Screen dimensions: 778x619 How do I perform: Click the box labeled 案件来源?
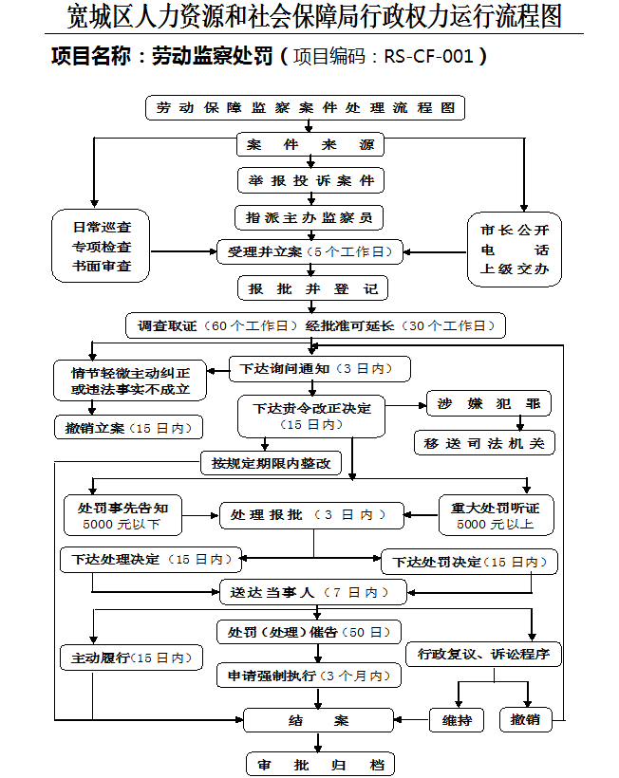point(309,145)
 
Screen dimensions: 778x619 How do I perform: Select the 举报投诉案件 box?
point(309,180)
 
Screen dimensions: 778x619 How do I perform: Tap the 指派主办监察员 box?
point(309,217)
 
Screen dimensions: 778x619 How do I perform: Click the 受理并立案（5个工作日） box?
point(309,251)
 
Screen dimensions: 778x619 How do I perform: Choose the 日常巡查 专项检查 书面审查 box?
point(102,247)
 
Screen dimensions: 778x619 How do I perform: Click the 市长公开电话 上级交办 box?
point(515,249)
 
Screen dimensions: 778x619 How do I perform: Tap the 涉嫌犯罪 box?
point(488,403)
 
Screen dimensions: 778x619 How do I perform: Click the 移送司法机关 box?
point(484,443)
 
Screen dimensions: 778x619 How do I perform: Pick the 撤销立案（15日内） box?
point(128,428)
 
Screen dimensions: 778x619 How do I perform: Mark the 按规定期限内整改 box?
point(271,463)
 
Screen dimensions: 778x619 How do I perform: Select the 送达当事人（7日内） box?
point(312,592)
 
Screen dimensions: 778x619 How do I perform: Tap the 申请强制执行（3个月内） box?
point(308,676)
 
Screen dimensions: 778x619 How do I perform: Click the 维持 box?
point(457,720)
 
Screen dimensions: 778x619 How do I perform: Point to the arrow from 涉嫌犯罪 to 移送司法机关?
point(518,423)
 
